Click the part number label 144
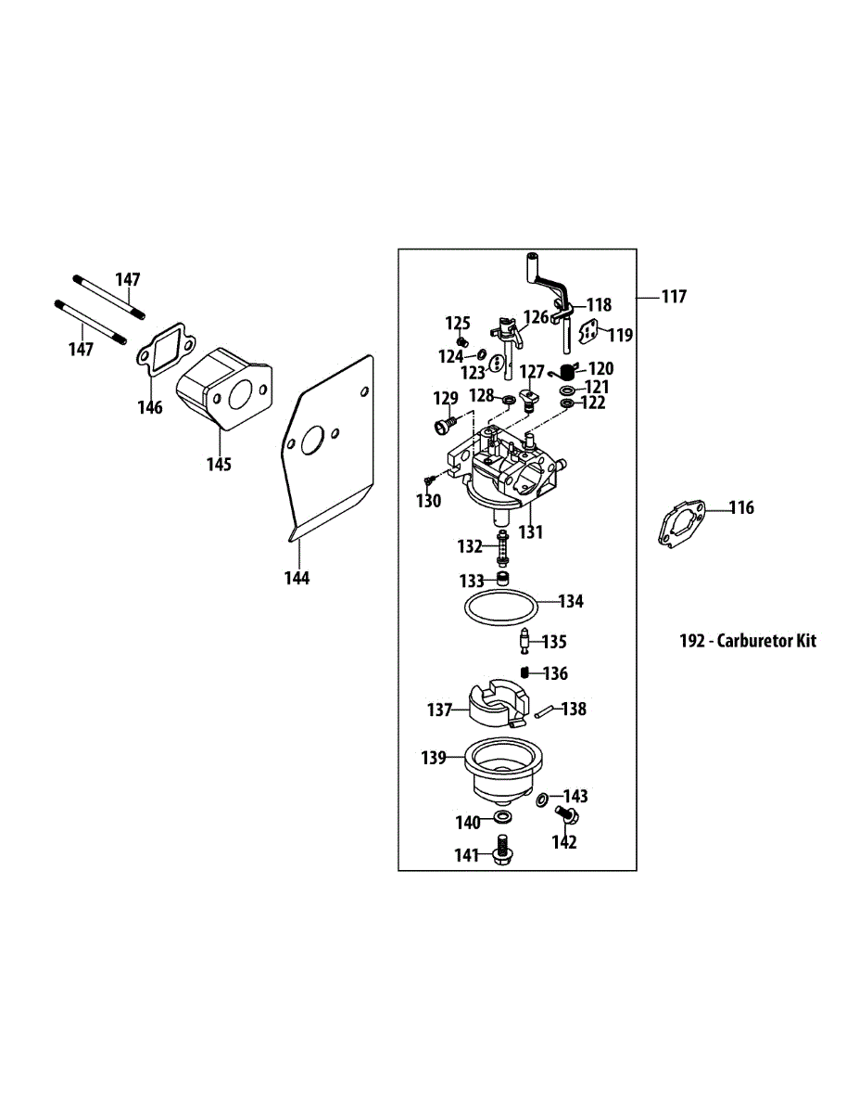(297, 578)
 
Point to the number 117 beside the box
(674, 297)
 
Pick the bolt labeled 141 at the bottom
(503, 851)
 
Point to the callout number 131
(530, 532)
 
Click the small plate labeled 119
(589, 333)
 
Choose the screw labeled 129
(443, 427)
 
